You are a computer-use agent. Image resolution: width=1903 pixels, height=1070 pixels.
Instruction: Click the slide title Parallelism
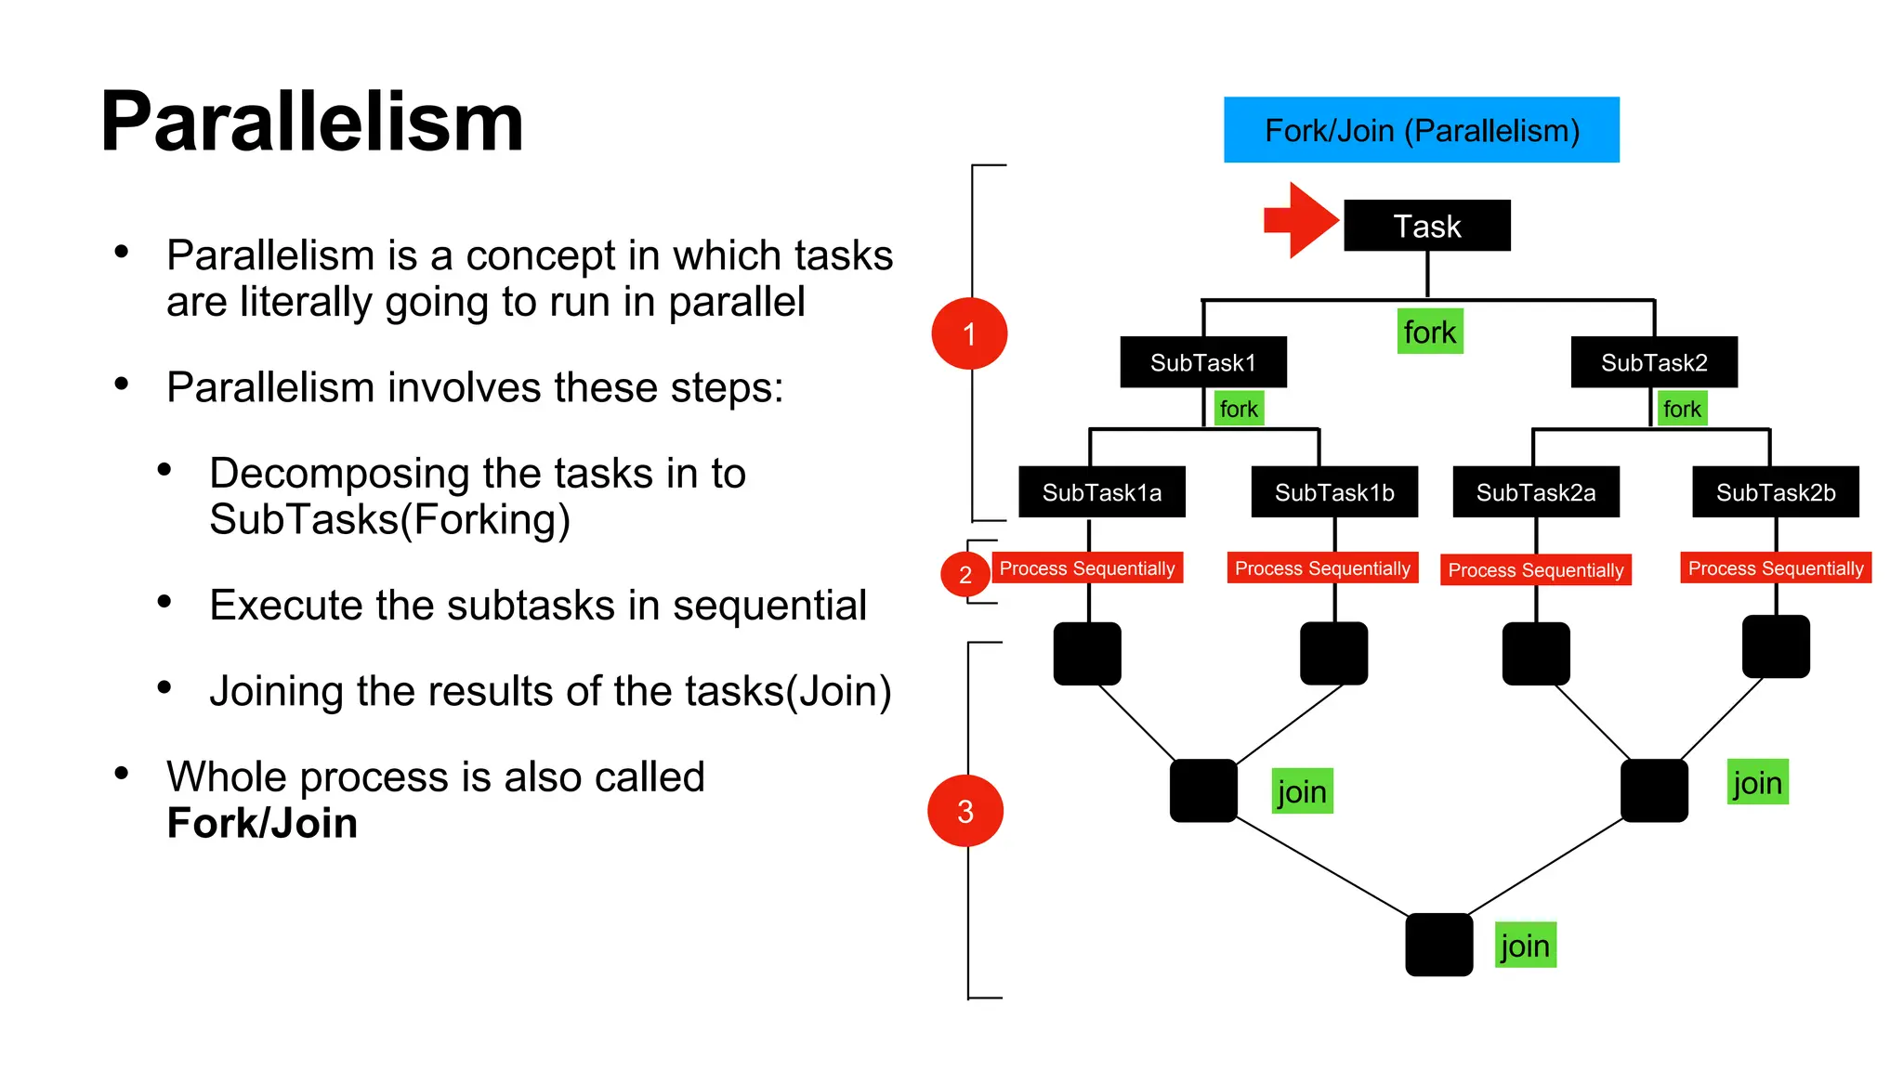[x=312, y=123]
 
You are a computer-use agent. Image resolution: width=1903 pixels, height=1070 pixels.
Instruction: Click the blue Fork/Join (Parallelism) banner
[x=1421, y=130]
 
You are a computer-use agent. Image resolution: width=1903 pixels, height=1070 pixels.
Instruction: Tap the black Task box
[x=1426, y=226]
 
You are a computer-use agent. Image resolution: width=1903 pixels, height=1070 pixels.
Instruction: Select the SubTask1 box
[x=1202, y=362]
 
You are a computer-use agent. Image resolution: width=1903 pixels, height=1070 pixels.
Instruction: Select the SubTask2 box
[x=1653, y=362]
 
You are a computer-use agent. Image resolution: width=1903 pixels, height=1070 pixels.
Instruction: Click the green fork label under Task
[x=1429, y=332]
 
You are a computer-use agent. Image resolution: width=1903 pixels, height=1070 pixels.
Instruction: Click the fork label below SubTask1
[x=1239, y=409]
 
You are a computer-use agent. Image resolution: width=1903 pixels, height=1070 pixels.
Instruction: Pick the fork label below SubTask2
[x=1682, y=409]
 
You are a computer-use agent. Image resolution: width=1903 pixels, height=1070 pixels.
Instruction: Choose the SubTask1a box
[x=1101, y=492]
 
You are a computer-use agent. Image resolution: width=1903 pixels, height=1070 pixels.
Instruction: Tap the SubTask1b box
[x=1333, y=492]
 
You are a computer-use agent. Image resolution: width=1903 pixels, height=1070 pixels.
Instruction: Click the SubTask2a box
[x=1535, y=492]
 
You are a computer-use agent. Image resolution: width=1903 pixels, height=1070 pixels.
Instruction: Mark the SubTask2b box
[x=1775, y=492]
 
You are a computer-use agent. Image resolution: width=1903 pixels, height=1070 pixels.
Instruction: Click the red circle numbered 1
[x=969, y=333]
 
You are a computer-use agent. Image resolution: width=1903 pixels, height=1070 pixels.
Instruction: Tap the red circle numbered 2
[x=965, y=575]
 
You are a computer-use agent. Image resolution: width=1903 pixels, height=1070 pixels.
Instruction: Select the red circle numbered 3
[x=965, y=811]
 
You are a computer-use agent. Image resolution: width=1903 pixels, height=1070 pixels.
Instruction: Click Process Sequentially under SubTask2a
[x=1535, y=570]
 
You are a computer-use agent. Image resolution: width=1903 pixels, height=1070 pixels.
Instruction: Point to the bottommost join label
[x=1525, y=946]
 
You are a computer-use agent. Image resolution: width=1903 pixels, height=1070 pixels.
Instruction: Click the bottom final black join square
[x=1438, y=945]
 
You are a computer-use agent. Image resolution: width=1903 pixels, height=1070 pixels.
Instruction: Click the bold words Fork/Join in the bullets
[x=262, y=823]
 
